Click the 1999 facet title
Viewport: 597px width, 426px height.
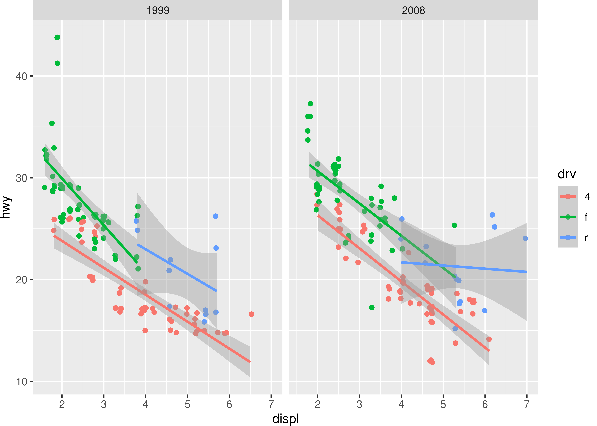pyautogui.click(x=158, y=11)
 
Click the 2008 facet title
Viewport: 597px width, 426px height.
pyautogui.click(x=413, y=11)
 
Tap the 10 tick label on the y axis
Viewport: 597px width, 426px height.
pyautogui.click(x=21, y=382)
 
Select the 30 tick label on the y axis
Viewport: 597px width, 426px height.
pyautogui.click(x=21, y=178)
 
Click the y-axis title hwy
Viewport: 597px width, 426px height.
pyautogui.click(x=6, y=207)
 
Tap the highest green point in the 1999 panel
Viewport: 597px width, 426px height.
pyautogui.click(x=57, y=37)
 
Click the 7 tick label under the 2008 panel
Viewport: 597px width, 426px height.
pyautogui.click(x=527, y=404)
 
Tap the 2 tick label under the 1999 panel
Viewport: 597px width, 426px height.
pyautogui.click(x=62, y=404)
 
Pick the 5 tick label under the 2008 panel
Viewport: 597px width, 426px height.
pyautogui.click(x=443, y=404)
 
